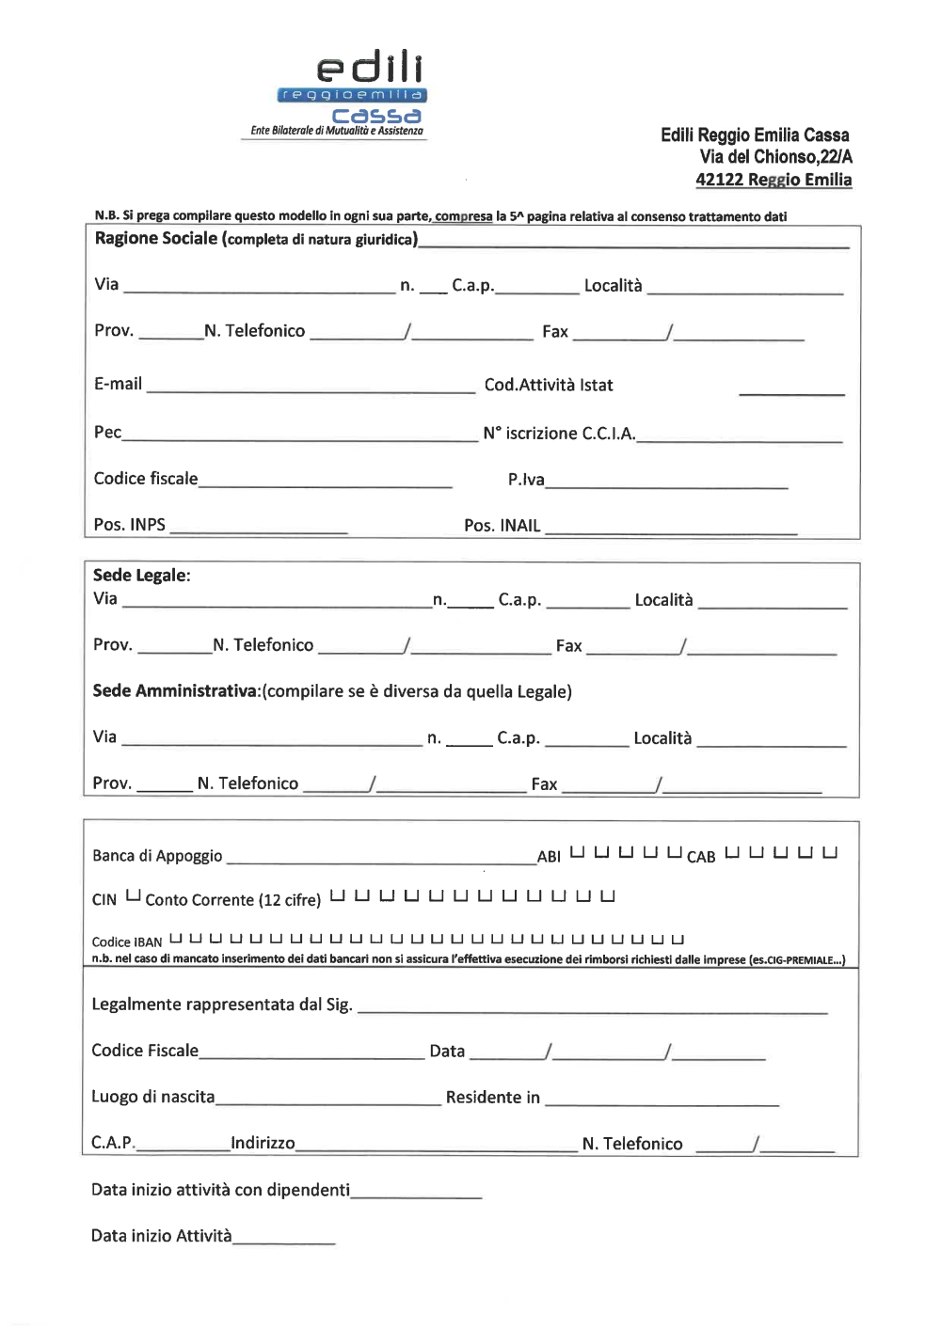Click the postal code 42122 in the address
click(719, 180)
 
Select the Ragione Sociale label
click(156, 238)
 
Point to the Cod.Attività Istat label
click(548, 385)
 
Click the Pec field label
click(107, 432)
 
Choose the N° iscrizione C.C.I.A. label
click(559, 433)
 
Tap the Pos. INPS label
click(129, 525)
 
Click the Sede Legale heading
click(141, 575)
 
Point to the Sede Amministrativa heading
click(175, 691)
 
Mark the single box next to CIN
click(133, 895)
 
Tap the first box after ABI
click(577, 853)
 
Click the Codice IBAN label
click(127, 941)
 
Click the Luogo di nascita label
click(152, 1097)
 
